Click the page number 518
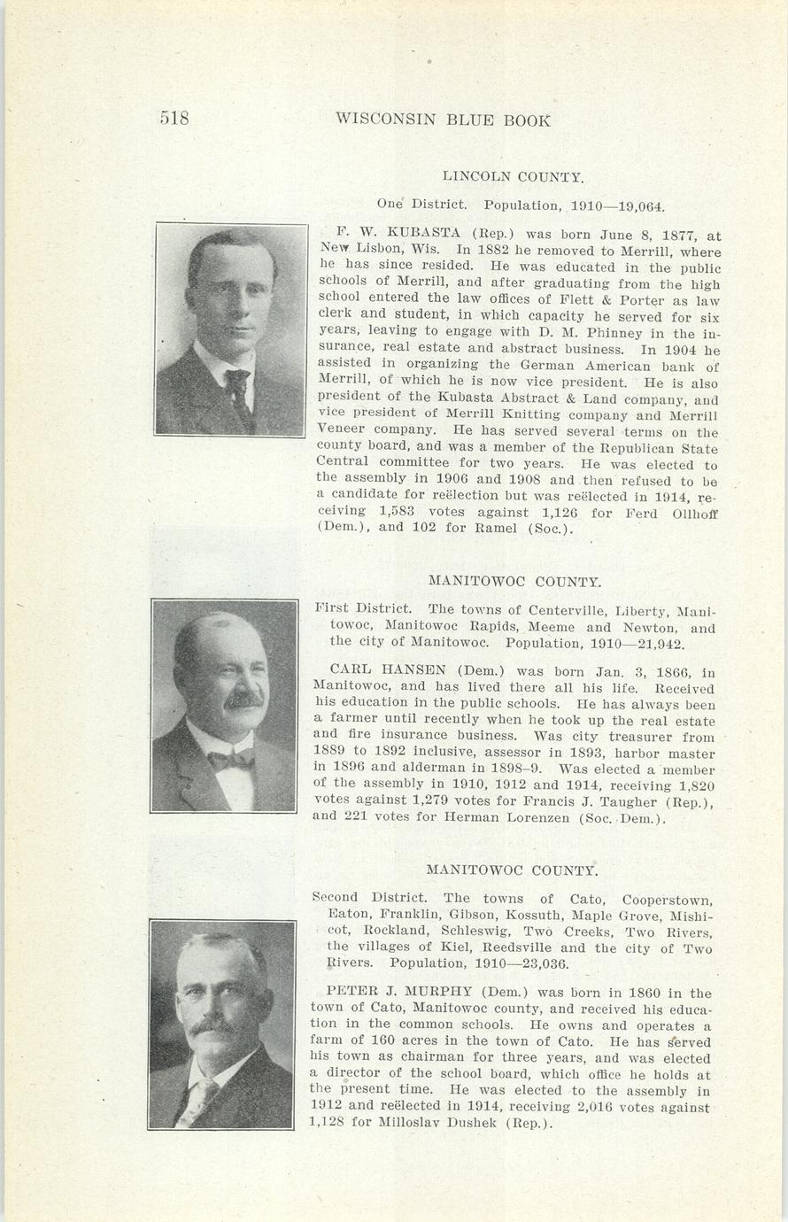point(174,119)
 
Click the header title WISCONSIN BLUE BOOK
point(443,120)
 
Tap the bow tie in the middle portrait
point(229,759)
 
